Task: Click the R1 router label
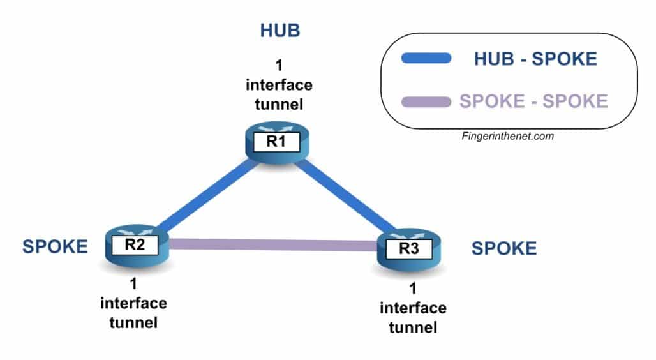tap(276, 142)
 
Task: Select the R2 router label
tap(135, 245)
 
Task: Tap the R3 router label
tap(409, 249)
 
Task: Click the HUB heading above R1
tap(280, 31)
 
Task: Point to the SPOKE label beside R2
tap(55, 246)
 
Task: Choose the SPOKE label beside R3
tap(504, 248)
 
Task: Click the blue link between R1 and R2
tap(208, 196)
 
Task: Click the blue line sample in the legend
tap(426, 58)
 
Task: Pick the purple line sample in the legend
tap(426, 101)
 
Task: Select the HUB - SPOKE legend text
tap(535, 59)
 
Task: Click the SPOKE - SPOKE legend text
tap(534, 101)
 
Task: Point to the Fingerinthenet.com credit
tap(508, 136)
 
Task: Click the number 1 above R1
tap(279, 66)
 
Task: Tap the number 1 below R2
tap(133, 284)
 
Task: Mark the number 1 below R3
tap(413, 289)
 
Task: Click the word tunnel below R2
tap(133, 323)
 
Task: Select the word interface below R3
tap(413, 308)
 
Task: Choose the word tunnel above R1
tap(279, 104)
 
